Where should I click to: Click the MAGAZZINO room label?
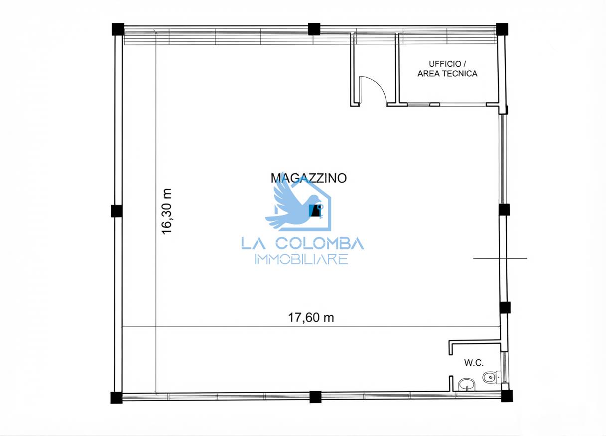point(308,178)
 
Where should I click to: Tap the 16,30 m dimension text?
point(166,212)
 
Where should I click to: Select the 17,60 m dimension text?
point(311,318)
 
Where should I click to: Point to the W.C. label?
point(474,363)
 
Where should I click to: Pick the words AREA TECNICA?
point(448,74)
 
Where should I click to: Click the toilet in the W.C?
point(490,377)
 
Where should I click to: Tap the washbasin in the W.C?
point(467,385)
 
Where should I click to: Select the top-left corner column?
point(118,29)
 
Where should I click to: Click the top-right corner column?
point(502,29)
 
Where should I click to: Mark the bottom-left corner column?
point(117,398)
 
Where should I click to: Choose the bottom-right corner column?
point(506,396)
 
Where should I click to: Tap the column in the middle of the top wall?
point(314,29)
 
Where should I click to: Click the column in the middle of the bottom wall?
point(315,397)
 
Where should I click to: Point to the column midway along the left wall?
point(117,211)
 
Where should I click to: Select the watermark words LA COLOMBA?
point(303,243)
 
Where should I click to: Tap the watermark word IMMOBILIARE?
point(302,259)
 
